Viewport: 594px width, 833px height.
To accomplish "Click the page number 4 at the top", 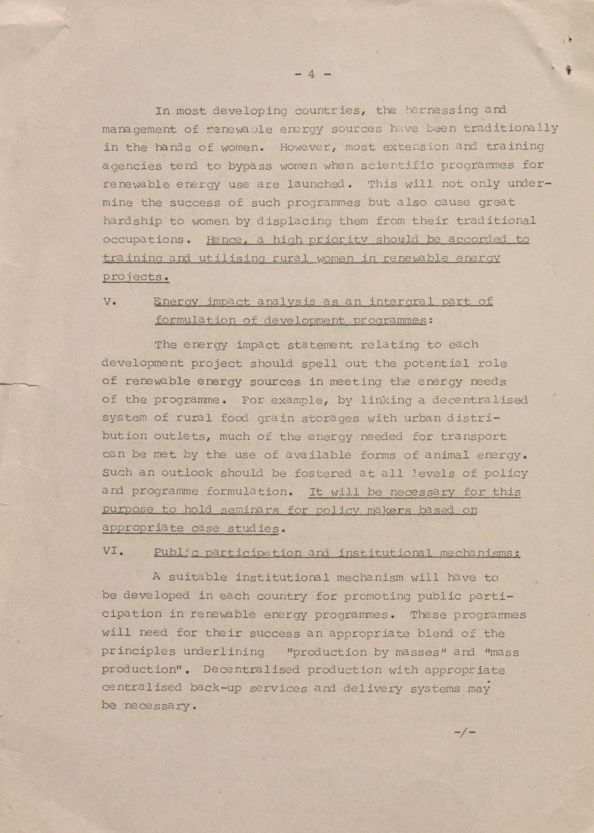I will [x=311, y=74].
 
